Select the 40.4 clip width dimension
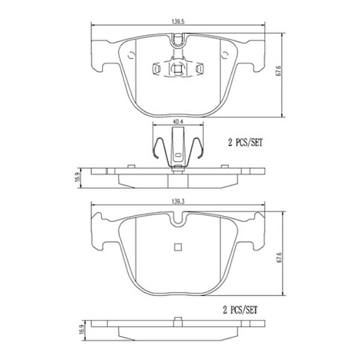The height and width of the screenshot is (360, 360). coord(177,122)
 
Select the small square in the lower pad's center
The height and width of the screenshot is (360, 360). coord(177,248)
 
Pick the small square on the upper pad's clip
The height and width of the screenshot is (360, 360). coord(177,68)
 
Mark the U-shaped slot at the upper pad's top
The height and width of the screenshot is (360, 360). coord(177,41)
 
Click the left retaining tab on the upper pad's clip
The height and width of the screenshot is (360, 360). coord(157,68)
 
